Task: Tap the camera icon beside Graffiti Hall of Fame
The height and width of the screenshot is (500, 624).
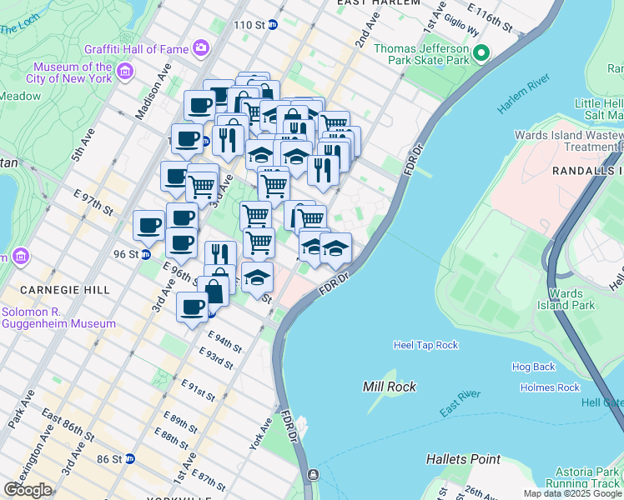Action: [x=201, y=47]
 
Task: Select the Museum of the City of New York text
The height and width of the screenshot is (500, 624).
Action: [x=73, y=72]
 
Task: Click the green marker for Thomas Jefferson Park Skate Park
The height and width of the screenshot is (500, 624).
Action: [x=481, y=55]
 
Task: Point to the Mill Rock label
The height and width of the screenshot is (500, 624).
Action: [x=390, y=387]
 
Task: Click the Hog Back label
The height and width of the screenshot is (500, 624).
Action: [x=533, y=367]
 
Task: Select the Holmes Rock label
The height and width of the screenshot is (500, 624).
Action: [x=549, y=387]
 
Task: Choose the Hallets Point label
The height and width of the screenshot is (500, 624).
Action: [x=463, y=459]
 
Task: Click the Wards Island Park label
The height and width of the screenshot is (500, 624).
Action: [x=571, y=299]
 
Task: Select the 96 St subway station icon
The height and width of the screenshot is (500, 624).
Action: [x=145, y=255]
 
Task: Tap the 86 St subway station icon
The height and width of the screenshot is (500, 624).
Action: [x=129, y=458]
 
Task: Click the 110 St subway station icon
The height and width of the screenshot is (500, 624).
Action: [x=272, y=25]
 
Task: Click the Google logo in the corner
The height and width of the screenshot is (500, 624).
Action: [x=28, y=490]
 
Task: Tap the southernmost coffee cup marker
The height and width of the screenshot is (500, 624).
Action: [x=192, y=307]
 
